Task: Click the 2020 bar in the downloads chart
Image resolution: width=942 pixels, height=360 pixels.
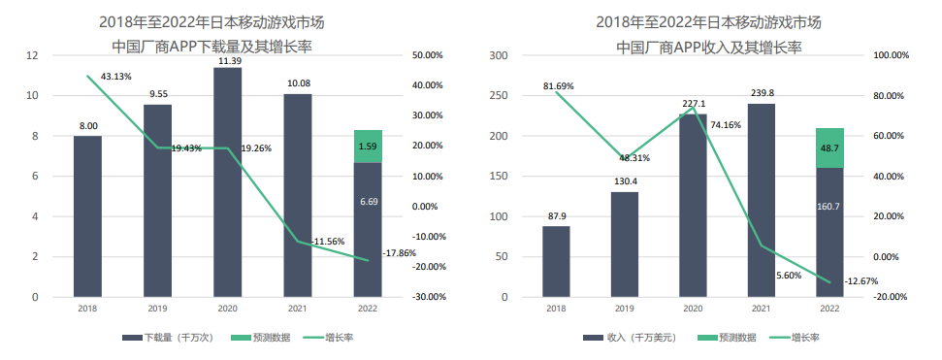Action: tap(228, 184)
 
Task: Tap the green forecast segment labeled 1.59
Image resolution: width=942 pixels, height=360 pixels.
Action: tap(368, 146)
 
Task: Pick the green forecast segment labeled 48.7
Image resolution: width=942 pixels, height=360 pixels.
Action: tap(829, 147)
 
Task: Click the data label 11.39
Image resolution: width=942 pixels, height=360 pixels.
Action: tap(229, 61)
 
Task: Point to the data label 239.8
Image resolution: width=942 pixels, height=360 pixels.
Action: tap(762, 94)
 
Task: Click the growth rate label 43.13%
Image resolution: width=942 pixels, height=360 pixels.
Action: tap(115, 77)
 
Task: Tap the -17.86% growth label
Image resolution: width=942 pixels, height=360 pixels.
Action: tap(399, 252)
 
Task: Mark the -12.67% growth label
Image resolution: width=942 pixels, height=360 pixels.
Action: tap(862, 281)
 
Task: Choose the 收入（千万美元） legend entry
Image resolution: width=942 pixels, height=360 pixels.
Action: tap(631, 338)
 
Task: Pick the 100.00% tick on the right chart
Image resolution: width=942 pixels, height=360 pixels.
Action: tap(892, 55)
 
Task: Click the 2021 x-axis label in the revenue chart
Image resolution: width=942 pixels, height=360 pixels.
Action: tap(761, 309)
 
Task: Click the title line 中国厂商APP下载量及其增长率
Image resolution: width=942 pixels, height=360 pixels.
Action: tap(218, 46)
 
